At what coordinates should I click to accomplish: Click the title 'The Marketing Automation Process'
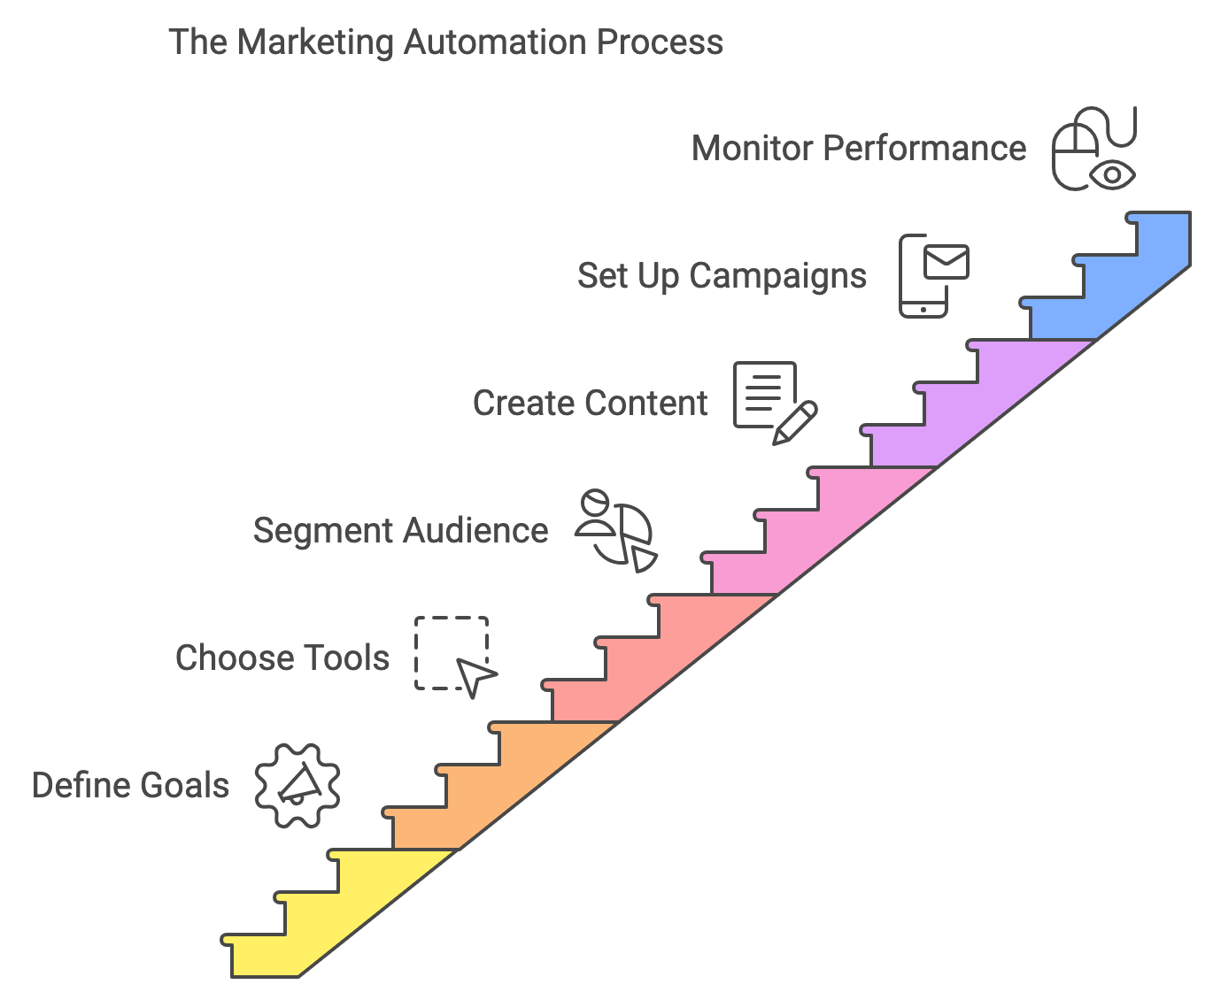click(x=445, y=42)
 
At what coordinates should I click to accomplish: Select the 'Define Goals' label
click(x=130, y=786)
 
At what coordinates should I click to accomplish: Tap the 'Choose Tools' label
click(x=282, y=658)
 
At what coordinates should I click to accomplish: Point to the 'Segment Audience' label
click(x=400, y=531)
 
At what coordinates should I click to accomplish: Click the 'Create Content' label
click(x=590, y=404)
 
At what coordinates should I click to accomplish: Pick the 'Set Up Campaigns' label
click(x=722, y=276)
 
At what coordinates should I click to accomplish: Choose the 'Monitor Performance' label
click(x=858, y=149)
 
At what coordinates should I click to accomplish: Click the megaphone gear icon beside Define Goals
click(x=297, y=786)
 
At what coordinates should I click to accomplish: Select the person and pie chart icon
click(x=616, y=530)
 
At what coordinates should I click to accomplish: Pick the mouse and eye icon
click(x=1093, y=149)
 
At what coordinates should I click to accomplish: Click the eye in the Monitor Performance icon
click(x=1112, y=174)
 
